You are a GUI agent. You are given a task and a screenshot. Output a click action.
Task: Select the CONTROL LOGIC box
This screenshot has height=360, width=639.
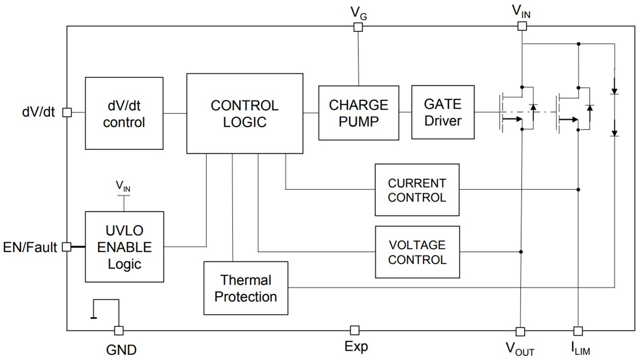245,113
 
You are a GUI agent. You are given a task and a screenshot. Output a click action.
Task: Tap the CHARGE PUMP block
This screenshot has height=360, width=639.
358,113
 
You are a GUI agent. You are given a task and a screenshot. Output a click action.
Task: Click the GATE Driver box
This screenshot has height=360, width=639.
443,112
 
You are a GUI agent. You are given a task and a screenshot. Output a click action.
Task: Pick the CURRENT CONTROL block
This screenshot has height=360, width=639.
417,190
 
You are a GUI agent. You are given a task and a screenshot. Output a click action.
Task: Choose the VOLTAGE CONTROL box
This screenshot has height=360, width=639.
417,252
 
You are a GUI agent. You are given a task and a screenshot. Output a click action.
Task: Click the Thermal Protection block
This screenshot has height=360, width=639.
246,288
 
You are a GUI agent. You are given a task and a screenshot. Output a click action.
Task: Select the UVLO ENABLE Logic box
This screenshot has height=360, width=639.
124,247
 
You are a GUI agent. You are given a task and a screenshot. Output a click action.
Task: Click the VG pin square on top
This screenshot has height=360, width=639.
358,26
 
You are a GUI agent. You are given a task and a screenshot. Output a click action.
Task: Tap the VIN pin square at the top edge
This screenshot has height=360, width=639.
522,26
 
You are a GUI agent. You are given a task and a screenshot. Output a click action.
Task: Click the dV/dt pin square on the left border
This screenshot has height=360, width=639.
67,112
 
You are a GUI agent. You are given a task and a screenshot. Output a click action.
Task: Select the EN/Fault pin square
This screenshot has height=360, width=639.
67,247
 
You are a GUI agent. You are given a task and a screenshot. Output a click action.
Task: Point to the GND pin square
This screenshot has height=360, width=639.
119,330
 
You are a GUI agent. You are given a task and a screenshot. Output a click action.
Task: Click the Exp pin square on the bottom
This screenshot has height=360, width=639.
355,330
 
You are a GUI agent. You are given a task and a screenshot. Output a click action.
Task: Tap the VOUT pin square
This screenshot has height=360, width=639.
520,331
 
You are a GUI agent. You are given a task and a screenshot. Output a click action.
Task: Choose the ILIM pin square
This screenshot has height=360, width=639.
577,331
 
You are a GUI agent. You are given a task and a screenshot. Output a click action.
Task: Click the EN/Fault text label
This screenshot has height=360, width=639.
30,248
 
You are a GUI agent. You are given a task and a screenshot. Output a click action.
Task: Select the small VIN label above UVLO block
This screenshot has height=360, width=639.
123,186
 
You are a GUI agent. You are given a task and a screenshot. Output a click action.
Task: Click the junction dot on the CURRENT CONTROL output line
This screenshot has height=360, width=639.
579,189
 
